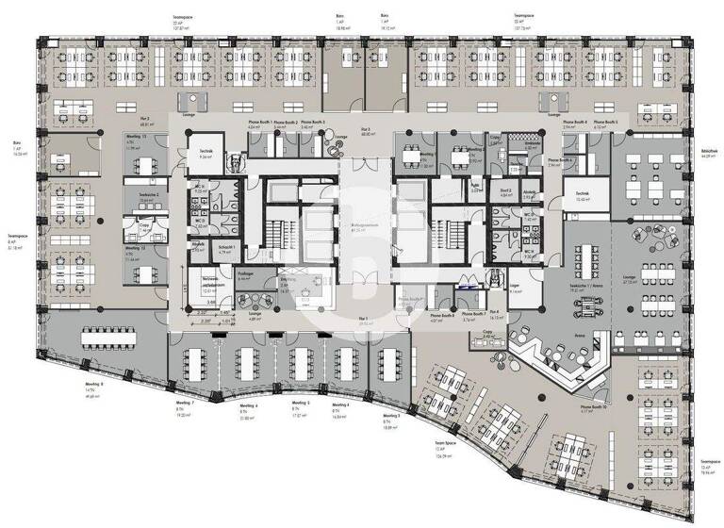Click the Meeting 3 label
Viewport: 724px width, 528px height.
391,415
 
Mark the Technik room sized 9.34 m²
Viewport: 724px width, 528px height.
206,154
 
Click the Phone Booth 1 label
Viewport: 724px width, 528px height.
260,122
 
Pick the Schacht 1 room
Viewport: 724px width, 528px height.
225,248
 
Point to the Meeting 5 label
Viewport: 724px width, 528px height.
302,403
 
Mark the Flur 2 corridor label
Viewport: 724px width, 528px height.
147,120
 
